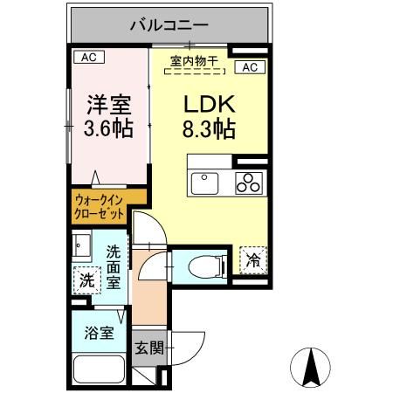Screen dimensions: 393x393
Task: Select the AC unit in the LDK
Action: [x=247, y=67]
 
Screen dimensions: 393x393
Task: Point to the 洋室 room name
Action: [x=108, y=107]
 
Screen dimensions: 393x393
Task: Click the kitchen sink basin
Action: [x=205, y=183]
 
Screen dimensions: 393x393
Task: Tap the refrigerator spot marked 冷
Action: [x=252, y=259]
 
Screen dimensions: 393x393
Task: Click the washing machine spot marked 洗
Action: [x=86, y=281]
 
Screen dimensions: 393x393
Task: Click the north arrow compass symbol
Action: [x=308, y=368]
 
